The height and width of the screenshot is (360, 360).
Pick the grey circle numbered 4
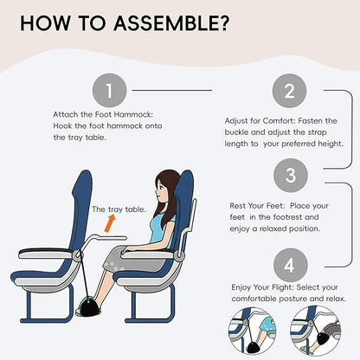click(x=289, y=260)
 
